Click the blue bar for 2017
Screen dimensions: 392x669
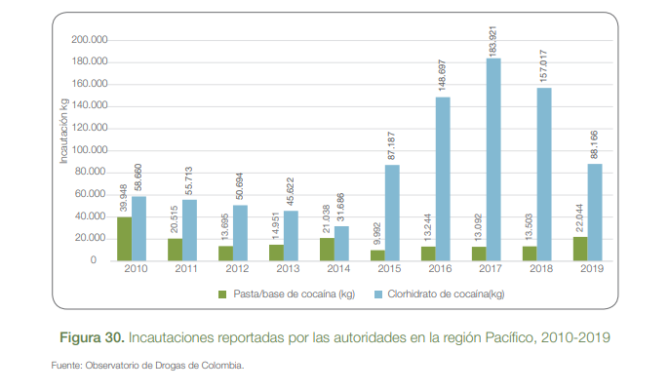click(493, 160)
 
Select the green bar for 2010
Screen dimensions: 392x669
click(124, 239)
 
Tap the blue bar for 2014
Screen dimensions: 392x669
click(341, 244)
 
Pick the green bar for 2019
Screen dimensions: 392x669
click(580, 249)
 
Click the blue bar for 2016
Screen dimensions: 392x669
click(443, 179)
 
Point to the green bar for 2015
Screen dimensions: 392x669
click(377, 255)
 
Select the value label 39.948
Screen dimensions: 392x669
click(124, 196)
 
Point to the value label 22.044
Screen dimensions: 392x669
click(580, 216)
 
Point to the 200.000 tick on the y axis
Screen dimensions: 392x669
click(90, 40)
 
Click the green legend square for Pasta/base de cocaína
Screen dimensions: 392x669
click(222, 293)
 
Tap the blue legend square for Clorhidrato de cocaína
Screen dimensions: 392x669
click(377, 293)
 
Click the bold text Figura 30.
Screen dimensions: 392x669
click(92, 337)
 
